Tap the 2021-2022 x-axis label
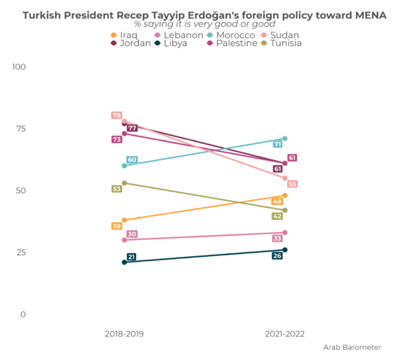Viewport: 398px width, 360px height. [284, 334]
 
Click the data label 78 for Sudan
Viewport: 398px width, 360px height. [116, 116]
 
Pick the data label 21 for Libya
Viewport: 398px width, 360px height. [132, 257]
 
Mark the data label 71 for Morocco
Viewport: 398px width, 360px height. [278, 143]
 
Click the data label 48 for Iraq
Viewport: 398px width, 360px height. [278, 201]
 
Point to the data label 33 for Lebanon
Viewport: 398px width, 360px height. [278, 238]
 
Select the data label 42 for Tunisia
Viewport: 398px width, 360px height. [278, 216]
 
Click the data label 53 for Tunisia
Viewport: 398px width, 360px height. [116, 189]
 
